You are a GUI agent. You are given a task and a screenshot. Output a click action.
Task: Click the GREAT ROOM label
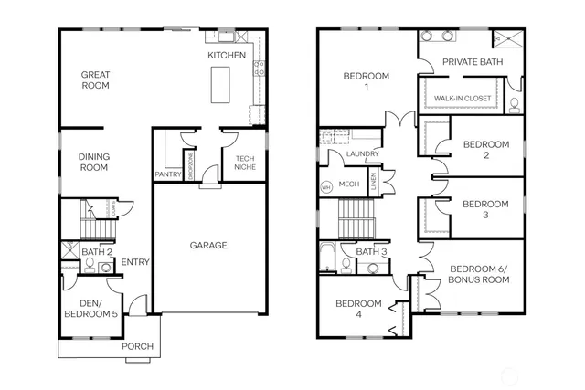[95, 80]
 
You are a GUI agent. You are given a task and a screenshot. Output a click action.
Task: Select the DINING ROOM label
[94, 163]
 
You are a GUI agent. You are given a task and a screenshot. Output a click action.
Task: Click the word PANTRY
[167, 174]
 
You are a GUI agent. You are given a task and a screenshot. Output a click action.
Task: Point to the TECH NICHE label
[243, 163]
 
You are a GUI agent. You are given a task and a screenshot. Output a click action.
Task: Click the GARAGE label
[208, 245]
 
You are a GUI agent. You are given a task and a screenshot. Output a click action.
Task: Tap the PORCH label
[139, 346]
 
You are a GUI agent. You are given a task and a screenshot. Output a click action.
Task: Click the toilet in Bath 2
[90, 267]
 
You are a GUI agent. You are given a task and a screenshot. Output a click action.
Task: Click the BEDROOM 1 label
[366, 81]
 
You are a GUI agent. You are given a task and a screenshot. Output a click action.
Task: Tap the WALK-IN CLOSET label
[462, 98]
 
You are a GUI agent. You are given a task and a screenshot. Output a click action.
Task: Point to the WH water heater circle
[325, 188]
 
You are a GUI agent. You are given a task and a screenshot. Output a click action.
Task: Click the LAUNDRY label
[363, 154]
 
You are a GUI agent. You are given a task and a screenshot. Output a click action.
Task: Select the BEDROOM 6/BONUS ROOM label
[477, 273]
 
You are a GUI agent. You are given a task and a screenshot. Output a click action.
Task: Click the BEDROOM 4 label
[356, 309]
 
